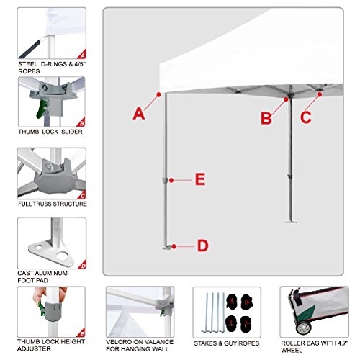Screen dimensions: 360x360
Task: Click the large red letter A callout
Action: tap(139, 114)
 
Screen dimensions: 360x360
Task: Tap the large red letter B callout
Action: tap(266, 118)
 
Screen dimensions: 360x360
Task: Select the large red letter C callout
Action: tap(306, 117)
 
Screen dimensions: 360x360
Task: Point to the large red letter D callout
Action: tap(203, 246)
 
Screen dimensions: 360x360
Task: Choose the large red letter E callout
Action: tap(200, 179)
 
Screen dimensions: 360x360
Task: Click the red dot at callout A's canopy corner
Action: tap(158, 95)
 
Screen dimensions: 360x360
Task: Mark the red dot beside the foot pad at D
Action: tap(174, 246)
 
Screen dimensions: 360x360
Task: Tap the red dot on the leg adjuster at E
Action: tap(171, 180)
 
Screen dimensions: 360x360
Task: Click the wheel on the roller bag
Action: tap(303, 328)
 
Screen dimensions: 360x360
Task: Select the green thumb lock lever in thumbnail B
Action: tap(42, 109)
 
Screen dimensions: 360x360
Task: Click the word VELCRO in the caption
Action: tap(117, 342)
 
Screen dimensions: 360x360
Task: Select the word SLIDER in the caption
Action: tap(72, 132)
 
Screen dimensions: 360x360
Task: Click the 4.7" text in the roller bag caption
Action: tap(343, 343)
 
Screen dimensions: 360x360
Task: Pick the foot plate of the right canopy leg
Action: tap(291, 222)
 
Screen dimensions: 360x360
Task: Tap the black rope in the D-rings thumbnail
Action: tap(30, 49)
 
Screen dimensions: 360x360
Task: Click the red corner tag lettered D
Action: tap(83, 265)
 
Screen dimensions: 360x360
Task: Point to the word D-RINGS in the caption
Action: tap(54, 64)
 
